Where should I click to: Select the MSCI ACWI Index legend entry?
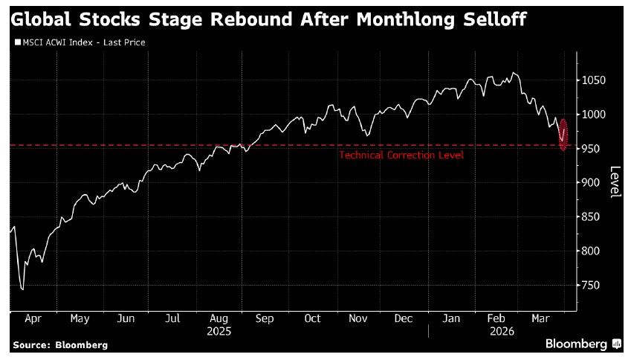pos(80,42)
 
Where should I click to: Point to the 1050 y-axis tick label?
pos(595,80)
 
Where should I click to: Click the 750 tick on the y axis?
pos(592,286)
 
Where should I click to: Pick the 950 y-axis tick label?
pos(592,149)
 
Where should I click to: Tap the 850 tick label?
pos(592,217)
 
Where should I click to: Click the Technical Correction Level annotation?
pos(401,155)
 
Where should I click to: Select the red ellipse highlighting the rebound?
pos(563,135)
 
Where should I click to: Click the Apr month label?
pos(33,318)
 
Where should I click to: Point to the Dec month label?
pos(404,318)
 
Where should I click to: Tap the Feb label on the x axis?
pos(496,318)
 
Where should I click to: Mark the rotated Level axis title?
pos(615,181)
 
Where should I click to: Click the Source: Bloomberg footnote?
pos(59,345)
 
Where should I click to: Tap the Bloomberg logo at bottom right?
pos(583,344)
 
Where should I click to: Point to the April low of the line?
pos(22,289)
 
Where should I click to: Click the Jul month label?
pos(172,318)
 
